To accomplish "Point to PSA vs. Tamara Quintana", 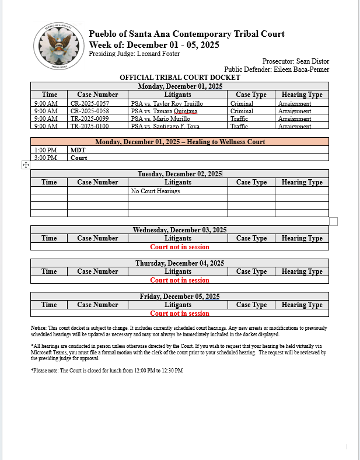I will (x=164, y=111).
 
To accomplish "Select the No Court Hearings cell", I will (x=155, y=191).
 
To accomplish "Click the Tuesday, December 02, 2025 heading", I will (x=179, y=174).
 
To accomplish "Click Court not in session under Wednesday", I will (x=179, y=247).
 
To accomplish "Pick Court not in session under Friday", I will (x=179, y=313).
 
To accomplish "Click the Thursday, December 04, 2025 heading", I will (x=179, y=263).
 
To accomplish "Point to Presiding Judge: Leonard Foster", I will (x=134, y=54).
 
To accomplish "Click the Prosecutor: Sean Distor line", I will (x=295, y=61).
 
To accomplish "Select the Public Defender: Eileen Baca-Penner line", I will (x=277, y=69).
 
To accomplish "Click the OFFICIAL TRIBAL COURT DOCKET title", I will (x=180, y=78).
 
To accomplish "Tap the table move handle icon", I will (x=26, y=165).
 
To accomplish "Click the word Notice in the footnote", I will (x=39, y=329).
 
